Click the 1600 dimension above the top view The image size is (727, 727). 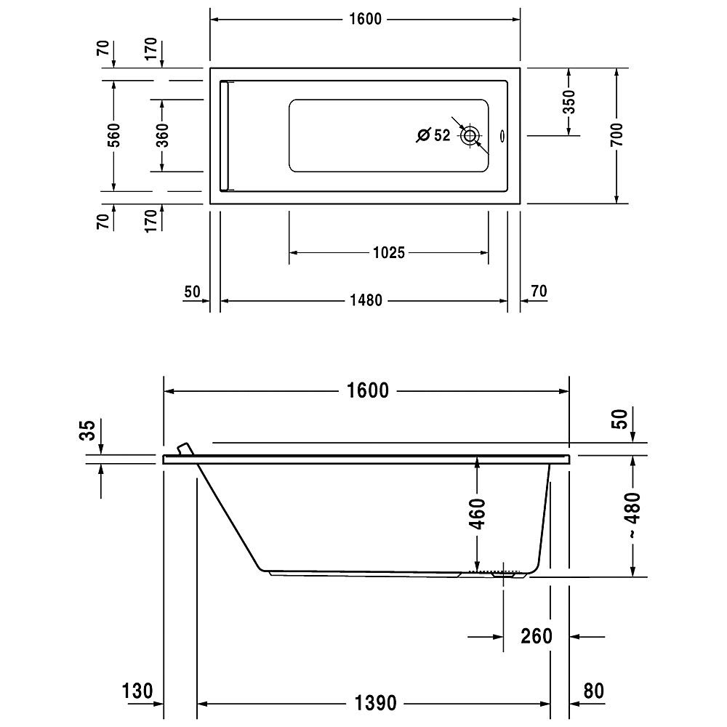[x=365, y=19]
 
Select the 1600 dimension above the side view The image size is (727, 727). [x=368, y=391]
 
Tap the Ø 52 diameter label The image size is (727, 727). [x=433, y=135]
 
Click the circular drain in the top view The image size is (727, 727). [x=470, y=136]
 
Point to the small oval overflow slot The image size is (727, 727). [x=502, y=137]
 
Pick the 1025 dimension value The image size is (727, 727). [x=389, y=253]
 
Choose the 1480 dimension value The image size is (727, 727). [x=366, y=300]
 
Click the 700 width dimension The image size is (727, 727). [x=616, y=135]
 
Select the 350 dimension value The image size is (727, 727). [x=569, y=102]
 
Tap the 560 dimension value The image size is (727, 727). [x=113, y=135]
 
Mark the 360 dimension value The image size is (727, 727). [x=162, y=135]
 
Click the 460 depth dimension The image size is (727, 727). [x=477, y=514]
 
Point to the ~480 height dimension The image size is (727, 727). [x=633, y=515]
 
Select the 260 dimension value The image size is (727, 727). [x=537, y=636]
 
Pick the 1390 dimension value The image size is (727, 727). [x=376, y=703]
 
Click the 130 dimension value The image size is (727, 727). [x=137, y=691]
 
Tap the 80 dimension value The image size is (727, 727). [x=594, y=691]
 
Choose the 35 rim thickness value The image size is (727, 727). [x=88, y=430]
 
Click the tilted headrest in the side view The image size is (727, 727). [x=185, y=449]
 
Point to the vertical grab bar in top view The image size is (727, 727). [x=225, y=136]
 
